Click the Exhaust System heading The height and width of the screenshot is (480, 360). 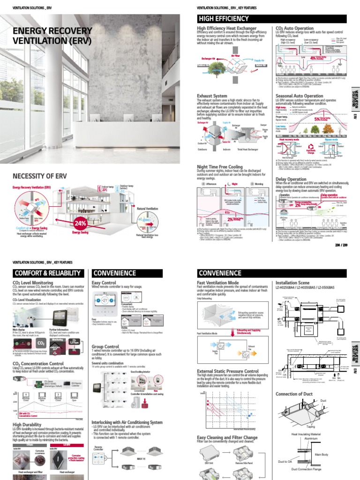[212, 96]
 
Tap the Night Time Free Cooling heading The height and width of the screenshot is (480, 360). [220, 166]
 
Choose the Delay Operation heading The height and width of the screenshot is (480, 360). [291, 179]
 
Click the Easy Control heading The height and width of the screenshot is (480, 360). [104, 283]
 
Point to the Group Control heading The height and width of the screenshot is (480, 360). [106, 347]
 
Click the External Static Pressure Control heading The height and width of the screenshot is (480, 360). [228, 372]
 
